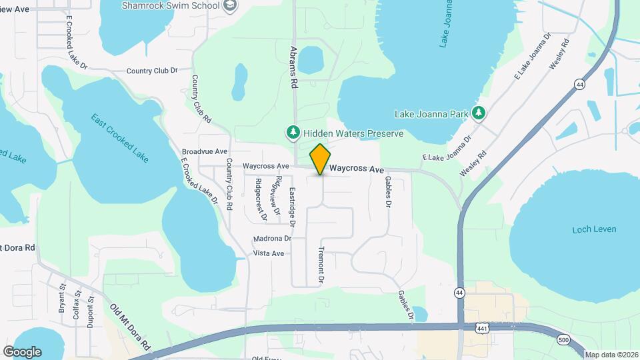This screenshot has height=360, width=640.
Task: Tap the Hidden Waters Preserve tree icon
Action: click(293, 133)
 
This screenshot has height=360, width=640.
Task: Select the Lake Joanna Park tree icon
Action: click(477, 114)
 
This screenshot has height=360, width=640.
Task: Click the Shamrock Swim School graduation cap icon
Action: click(231, 6)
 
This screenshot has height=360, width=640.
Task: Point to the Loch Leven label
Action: click(594, 229)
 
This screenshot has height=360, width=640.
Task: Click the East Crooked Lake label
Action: click(120, 138)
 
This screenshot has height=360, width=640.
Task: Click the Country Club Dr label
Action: click(152, 70)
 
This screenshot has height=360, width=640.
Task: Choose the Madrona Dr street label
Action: click(272, 239)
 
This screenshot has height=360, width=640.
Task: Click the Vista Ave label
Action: click(269, 253)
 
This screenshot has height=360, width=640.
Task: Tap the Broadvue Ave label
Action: click(204, 152)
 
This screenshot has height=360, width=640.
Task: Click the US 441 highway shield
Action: click(482, 329)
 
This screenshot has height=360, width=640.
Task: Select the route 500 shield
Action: click(564, 340)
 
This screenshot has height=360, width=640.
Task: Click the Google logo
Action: click(22, 351)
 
